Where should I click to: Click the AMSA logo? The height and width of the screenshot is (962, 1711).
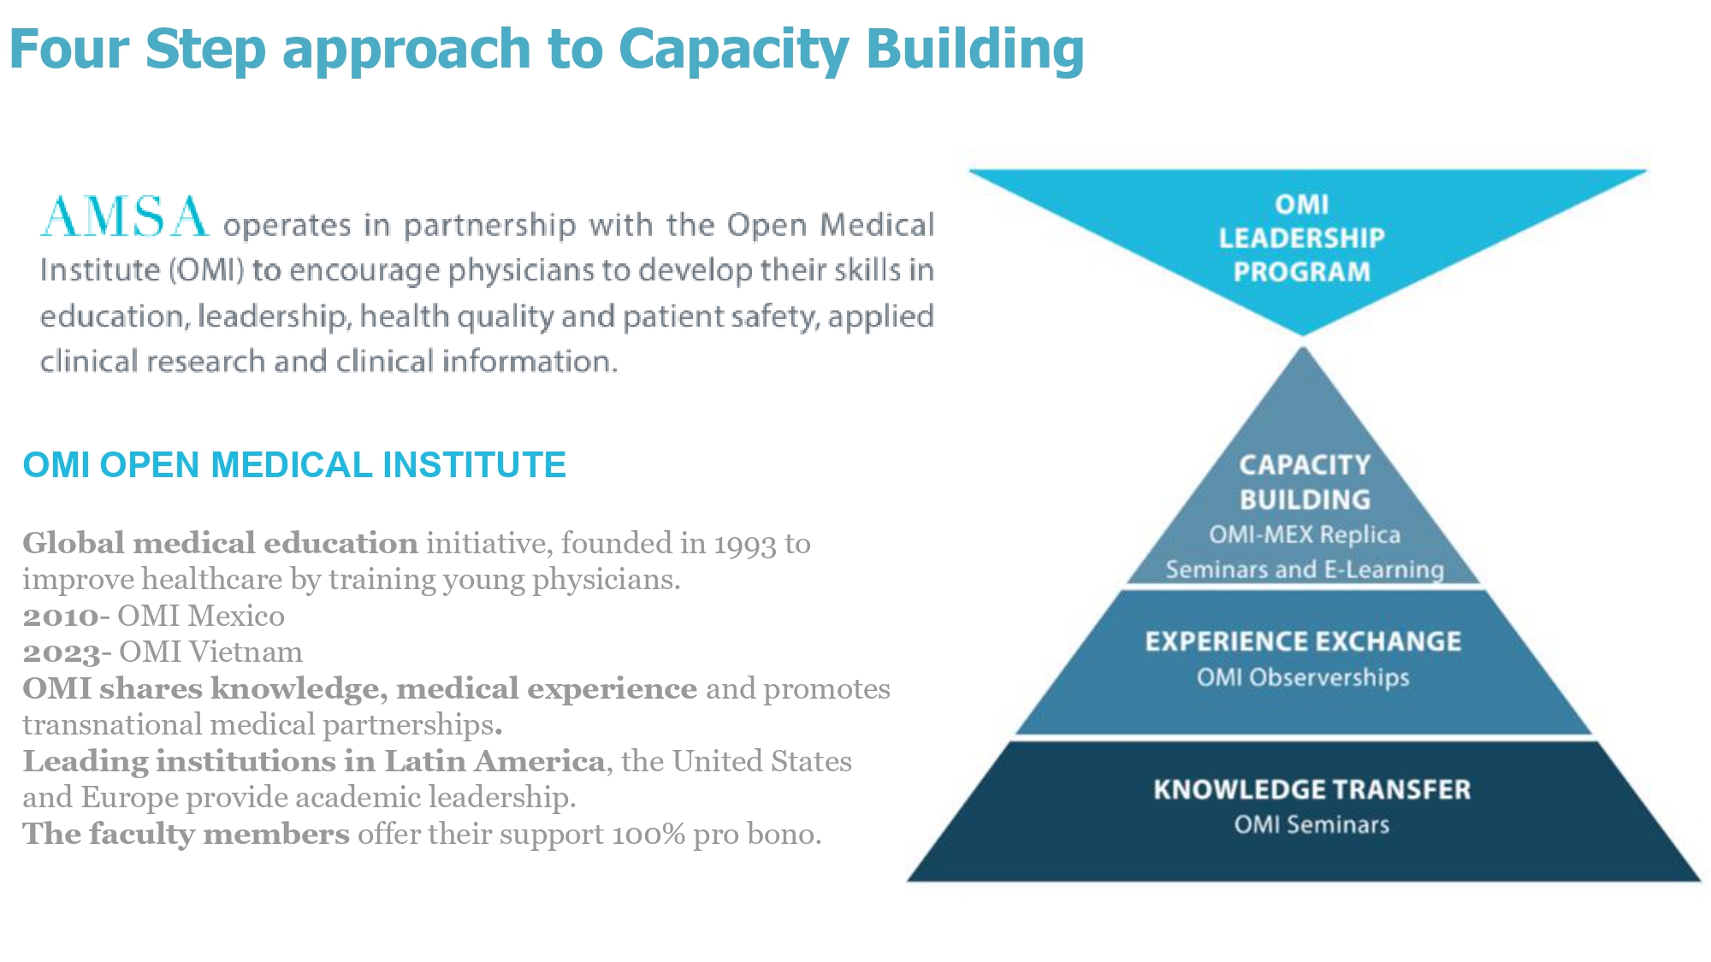(x=125, y=216)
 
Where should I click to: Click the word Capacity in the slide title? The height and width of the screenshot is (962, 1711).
(x=733, y=50)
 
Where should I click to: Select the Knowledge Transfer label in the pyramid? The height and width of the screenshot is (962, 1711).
(x=1311, y=789)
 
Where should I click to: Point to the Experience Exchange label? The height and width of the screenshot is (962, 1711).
(x=1303, y=641)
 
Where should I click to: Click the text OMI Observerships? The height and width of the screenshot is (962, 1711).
(x=1302, y=677)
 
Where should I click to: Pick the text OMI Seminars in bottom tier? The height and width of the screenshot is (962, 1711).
(x=1311, y=824)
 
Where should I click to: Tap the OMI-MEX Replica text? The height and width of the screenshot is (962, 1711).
(x=1305, y=534)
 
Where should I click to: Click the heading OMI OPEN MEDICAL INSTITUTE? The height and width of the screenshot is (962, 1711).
(x=294, y=465)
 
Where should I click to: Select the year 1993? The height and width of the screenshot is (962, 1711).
(x=744, y=544)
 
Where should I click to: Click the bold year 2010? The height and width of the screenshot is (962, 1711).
(x=61, y=617)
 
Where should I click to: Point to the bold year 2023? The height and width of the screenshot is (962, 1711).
(x=62, y=652)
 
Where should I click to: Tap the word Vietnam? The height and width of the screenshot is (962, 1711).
(x=246, y=652)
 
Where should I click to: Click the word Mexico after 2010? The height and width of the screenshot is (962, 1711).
(x=236, y=616)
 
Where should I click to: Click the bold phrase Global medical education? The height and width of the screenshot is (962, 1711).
(x=220, y=543)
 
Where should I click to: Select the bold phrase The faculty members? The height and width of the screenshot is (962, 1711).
(x=186, y=834)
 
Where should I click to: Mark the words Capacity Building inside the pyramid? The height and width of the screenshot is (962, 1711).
(x=1305, y=482)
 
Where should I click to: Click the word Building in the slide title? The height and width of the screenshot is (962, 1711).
(x=975, y=50)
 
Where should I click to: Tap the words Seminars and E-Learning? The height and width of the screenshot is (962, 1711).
(x=1305, y=570)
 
